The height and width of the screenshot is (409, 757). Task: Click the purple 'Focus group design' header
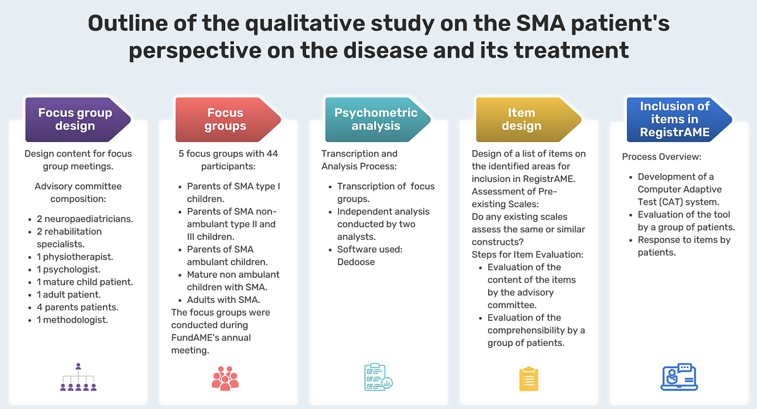(76, 119)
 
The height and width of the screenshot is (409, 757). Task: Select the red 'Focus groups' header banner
(226, 119)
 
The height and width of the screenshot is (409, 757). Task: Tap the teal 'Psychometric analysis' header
(376, 119)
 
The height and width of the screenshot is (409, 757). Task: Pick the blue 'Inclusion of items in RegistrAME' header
(675, 119)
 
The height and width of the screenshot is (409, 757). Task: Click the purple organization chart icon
(78, 377)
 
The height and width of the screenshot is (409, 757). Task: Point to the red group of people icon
(225, 377)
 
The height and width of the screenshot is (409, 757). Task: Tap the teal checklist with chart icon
(378, 377)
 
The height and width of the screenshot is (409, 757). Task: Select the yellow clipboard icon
(529, 378)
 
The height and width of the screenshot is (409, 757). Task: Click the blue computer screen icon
(679, 377)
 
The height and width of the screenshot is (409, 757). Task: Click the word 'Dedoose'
(356, 262)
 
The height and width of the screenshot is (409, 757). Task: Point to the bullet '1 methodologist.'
(72, 320)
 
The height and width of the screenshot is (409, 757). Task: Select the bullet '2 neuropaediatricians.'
(85, 219)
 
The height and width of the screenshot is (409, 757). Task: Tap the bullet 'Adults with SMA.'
(223, 300)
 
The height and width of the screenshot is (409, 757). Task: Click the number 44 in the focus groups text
(272, 153)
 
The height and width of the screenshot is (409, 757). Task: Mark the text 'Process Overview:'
(661, 157)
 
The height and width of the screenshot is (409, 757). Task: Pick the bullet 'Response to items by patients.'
(684, 246)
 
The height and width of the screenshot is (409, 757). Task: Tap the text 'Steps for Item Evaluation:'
(527, 254)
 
